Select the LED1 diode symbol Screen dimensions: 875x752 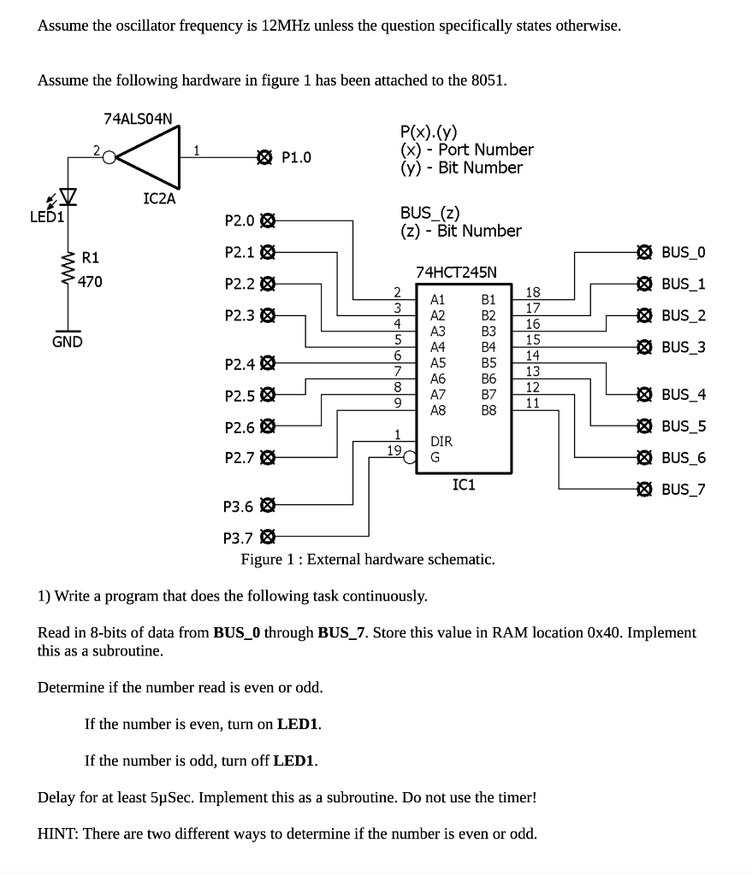point(66,200)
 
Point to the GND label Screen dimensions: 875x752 point(67,342)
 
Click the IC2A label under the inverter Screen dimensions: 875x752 point(158,198)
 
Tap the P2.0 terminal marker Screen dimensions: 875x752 point(267,220)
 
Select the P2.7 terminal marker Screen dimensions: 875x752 point(267,457)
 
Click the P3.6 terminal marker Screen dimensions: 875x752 point(267,506)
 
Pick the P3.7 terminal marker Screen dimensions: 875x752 point(267,537)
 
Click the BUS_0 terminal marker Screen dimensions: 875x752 point(643,252)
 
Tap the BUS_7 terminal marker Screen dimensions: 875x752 point(643,489)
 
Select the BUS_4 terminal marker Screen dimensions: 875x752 point(643,394)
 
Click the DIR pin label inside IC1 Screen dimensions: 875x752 point(441,442)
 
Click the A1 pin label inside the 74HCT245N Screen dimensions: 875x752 point(438,300)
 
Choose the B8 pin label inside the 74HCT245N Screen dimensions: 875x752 point(489,410)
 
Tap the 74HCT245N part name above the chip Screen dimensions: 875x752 point(456,272)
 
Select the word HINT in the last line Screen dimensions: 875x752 point(59,833)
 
